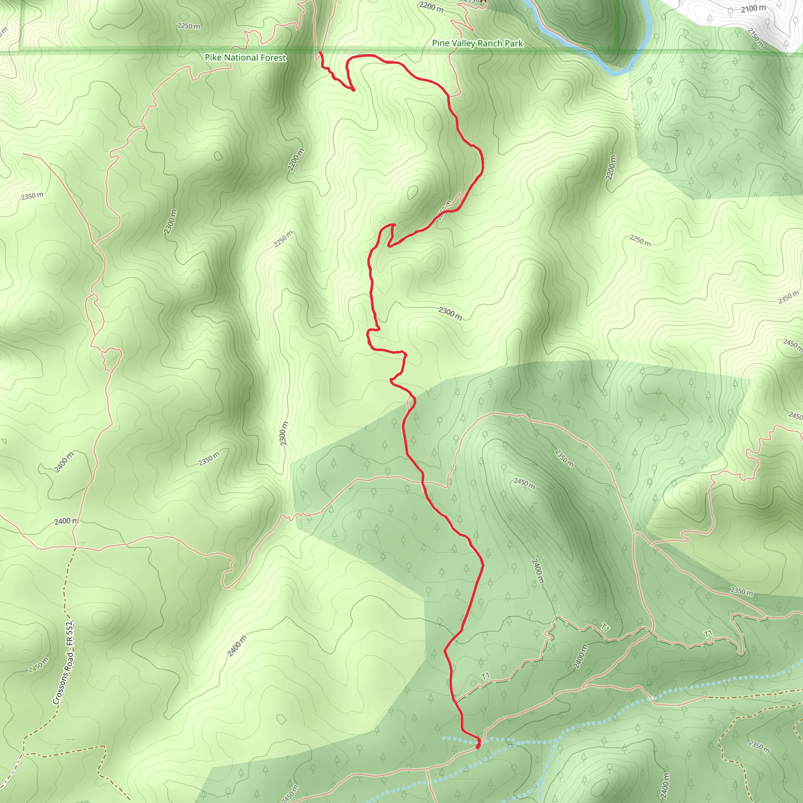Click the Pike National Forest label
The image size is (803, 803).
click(x=245, y=58)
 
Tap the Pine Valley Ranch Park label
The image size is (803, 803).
click(x=478, y=43)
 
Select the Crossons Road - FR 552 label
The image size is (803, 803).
click(x=64, y=663)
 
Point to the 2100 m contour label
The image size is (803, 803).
click(x=753, y=8)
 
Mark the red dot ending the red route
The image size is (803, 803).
click(x=478, y=746)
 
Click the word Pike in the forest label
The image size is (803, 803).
click(x=213, y=57)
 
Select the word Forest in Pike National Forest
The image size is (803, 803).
click(x=272, y=58)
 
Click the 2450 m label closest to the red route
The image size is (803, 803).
click(x=524, y=483)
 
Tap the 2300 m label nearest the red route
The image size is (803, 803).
click(x=450, y=313)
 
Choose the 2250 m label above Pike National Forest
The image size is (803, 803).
click(x=189, y=26)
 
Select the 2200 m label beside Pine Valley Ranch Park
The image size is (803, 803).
click(x=431, y=7)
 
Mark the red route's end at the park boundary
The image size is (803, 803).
click(x=320, y=53)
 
